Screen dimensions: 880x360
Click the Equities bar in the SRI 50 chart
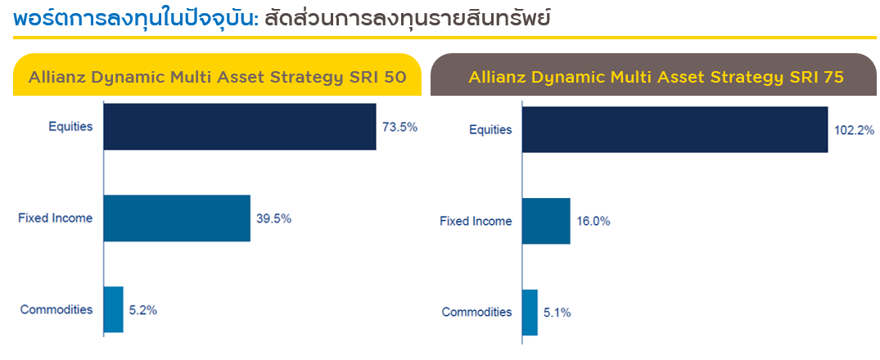pyautogui.click(x=240, y=127)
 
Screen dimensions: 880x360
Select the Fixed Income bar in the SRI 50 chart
pyautogui.click(x=177, y=218)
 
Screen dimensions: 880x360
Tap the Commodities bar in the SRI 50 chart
pyautogui.click(x=113, y=309)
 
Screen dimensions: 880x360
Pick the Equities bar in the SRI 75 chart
pyautogui.click(x=675, y=129)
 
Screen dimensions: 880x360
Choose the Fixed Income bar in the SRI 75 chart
pyautogui.click(x=546, y=221)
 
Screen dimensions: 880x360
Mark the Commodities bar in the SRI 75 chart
pyautogui.click(x=530, y=313)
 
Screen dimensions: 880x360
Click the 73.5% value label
pyautogui.click(x=399, y=128)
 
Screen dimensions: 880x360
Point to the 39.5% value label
pyautogui.click(x=274, y=218)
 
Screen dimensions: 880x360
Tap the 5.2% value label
pyautogui.click(x=143, y=310)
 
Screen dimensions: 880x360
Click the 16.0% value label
pyautogui.click(x=593, y=222)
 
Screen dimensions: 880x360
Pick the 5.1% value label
pyautogui.click(x=557, y=313)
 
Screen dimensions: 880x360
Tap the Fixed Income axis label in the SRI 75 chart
pyautogui.click(x=476, y=222)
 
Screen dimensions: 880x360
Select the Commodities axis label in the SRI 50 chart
pyautogui.click(x=56, y=309)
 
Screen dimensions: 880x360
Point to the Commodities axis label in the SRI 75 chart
pyautogui.click(x=477, y=313)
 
